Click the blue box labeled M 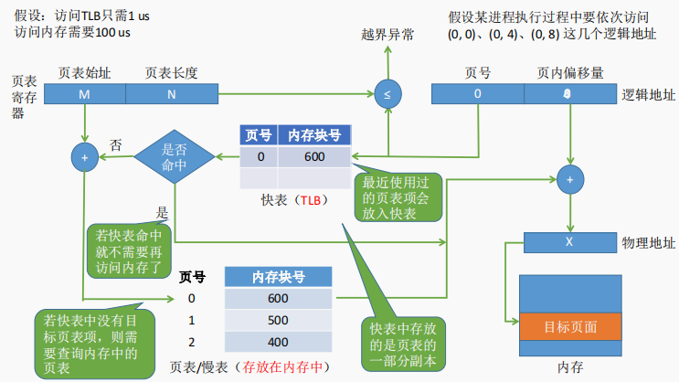point(84,93)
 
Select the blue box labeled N point(171,93)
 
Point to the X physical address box point(568,243)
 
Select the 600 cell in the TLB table point(314,157)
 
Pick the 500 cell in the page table point(278,322)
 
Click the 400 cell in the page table point(278,344)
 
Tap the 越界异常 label point(387,35)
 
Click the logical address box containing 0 point(477,93)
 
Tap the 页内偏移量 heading point(569,72)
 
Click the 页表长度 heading point(171,72)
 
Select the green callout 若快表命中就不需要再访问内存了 point(129,250)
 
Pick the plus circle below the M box point(84,157)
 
